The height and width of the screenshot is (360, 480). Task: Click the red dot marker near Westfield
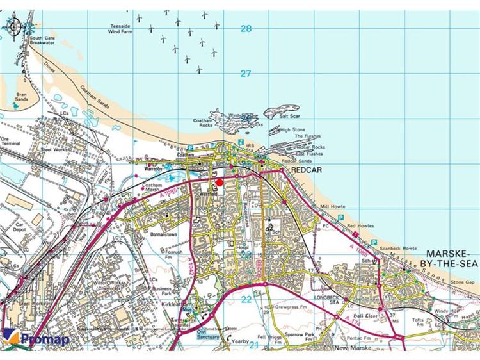click(220, 183)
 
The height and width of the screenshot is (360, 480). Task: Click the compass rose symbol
click(14, 27)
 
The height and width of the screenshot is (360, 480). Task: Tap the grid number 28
click(246, 28)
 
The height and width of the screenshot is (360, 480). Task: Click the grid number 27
click(246, 73)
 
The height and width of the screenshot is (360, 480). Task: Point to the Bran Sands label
click(22, 97)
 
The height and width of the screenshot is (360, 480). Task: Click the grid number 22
click(246, 299)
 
